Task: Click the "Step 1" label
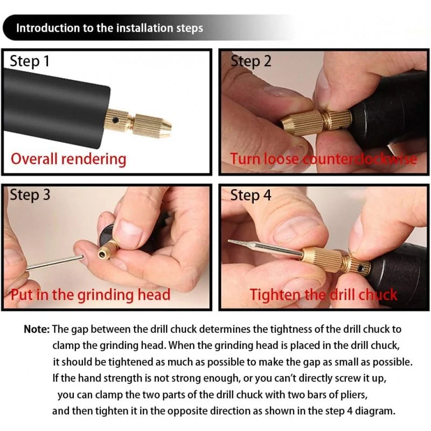point(30,61)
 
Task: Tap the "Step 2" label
point(251,61)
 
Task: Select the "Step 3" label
point(30,195)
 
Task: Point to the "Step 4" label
point(251,195)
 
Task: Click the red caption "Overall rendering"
point(68,159)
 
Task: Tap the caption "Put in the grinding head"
point(91,295)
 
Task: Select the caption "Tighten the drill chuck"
point(324,295)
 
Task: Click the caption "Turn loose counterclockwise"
point(324,159)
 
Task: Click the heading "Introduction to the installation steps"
point(109,28)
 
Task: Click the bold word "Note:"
point(37,329)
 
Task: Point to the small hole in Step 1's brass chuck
point(115,120)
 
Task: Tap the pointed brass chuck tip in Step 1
point(165,128)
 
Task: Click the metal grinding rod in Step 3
point(55,263)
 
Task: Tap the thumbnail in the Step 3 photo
point(130,226)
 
